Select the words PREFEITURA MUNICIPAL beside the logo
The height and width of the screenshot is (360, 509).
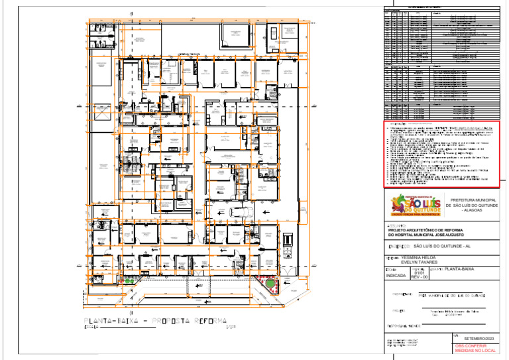click(473, 200)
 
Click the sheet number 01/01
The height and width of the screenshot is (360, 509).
click(419, 272)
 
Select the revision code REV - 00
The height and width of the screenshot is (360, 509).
click(420, 277)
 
